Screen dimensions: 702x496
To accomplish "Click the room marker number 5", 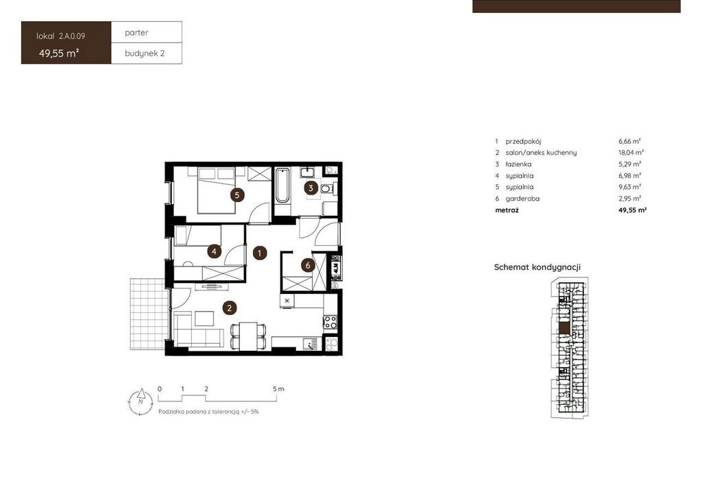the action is click(237, 195).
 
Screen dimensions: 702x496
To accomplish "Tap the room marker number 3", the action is click(311, 188).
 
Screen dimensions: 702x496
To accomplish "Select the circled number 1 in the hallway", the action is click(260, 253).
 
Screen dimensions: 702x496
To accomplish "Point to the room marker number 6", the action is click(308, 266).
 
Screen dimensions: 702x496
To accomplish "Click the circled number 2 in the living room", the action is click(229, 308).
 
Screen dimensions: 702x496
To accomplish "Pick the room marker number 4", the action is click(214, 251).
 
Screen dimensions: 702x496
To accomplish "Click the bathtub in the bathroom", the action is click(282, 186).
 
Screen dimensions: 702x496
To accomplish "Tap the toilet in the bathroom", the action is click(328, 188).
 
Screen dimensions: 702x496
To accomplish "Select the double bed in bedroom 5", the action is click(217, 190).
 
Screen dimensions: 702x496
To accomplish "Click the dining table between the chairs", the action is click(248, 336).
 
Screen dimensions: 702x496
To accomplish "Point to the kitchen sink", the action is click(310, 344).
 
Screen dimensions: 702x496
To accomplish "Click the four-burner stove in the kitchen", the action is click(330, 322).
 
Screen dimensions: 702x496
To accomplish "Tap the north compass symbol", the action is click(141, 401).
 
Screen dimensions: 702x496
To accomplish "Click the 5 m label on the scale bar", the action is click(278, 388).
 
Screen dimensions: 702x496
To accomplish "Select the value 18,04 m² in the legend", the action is click(631, 153).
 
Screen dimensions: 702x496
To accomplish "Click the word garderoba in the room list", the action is click(522, 199).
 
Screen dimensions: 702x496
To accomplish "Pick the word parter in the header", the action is click(136, 33).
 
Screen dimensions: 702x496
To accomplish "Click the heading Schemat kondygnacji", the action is click(537, 267).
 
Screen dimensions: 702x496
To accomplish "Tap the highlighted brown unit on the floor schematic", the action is click(565, 328).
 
